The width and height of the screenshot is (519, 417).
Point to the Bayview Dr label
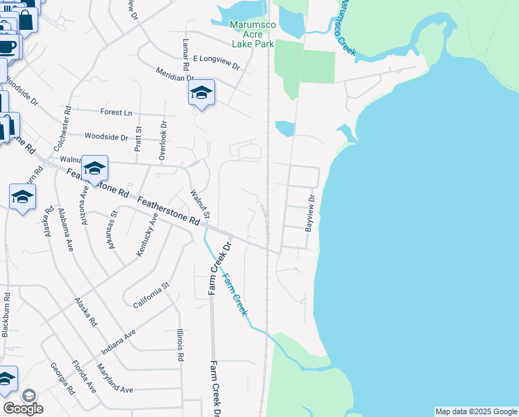click(x=310, y=213)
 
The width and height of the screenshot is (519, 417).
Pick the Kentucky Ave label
click(x=148, y=235)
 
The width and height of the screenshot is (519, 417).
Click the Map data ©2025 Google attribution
click(x=476, y=411)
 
